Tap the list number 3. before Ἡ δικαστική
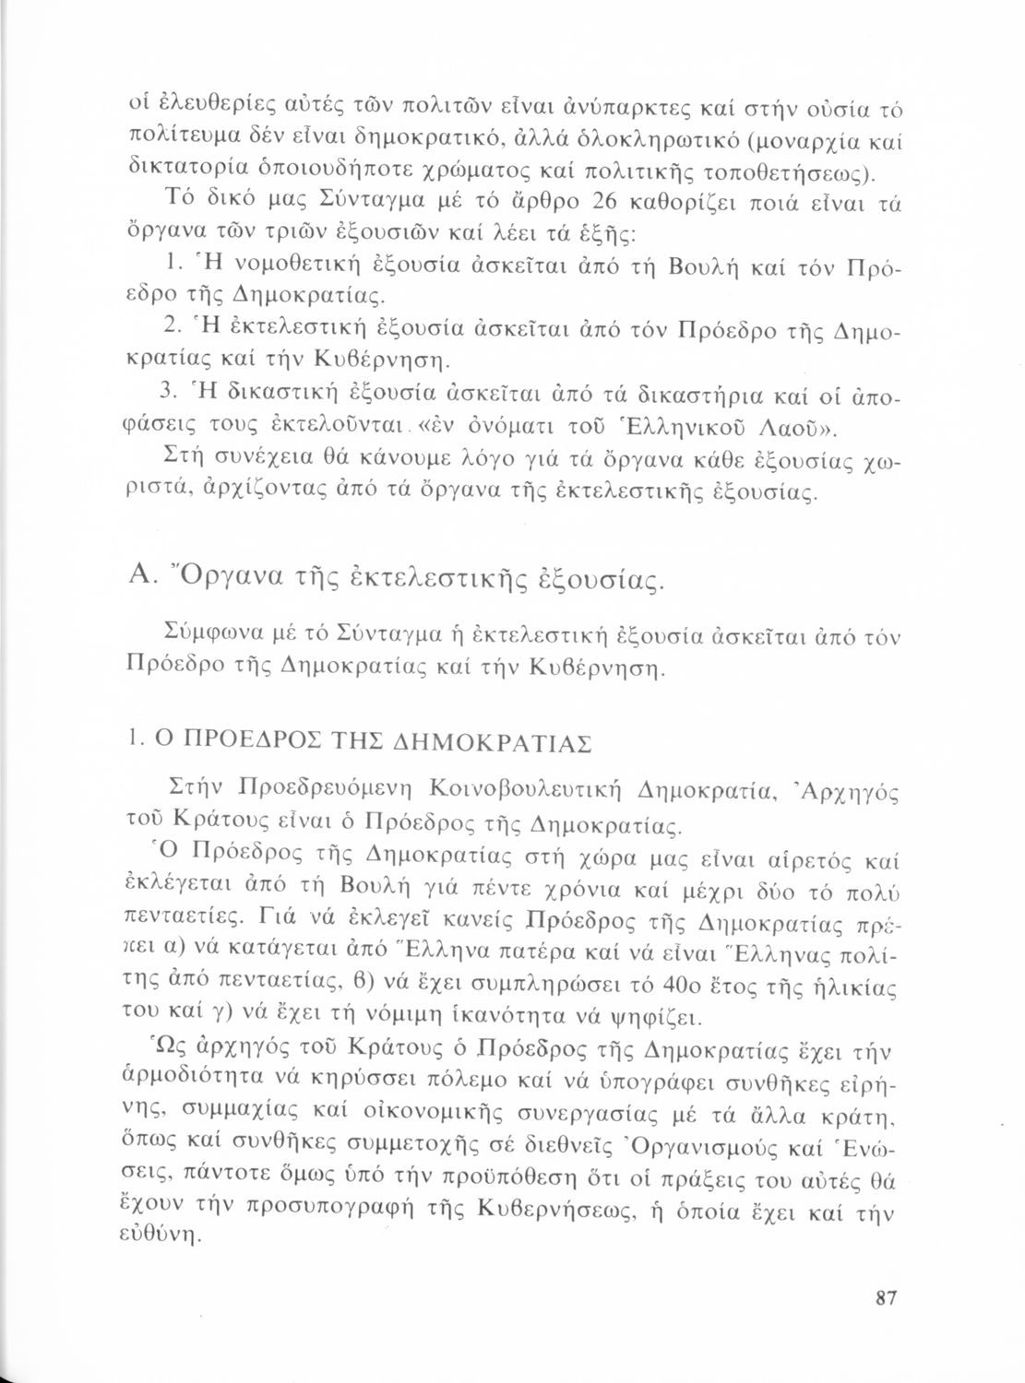tap(169, 394)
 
